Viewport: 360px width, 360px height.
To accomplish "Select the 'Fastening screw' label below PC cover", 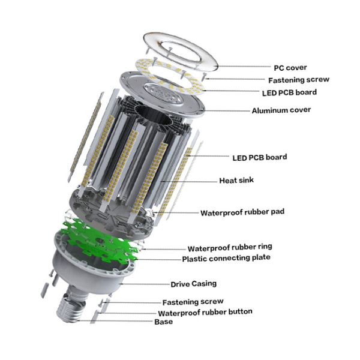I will coord(298,80).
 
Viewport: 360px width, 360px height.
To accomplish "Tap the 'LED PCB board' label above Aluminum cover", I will coord(289,92).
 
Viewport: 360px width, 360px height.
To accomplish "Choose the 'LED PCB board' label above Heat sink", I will coord(259,157).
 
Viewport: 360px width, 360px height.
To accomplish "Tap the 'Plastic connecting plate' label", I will coord(226,259).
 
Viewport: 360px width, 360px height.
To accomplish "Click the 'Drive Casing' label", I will coord(193,284).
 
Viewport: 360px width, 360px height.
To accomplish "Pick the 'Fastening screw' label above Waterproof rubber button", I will coord(193,302).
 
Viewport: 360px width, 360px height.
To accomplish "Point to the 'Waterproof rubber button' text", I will coord(205,312).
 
